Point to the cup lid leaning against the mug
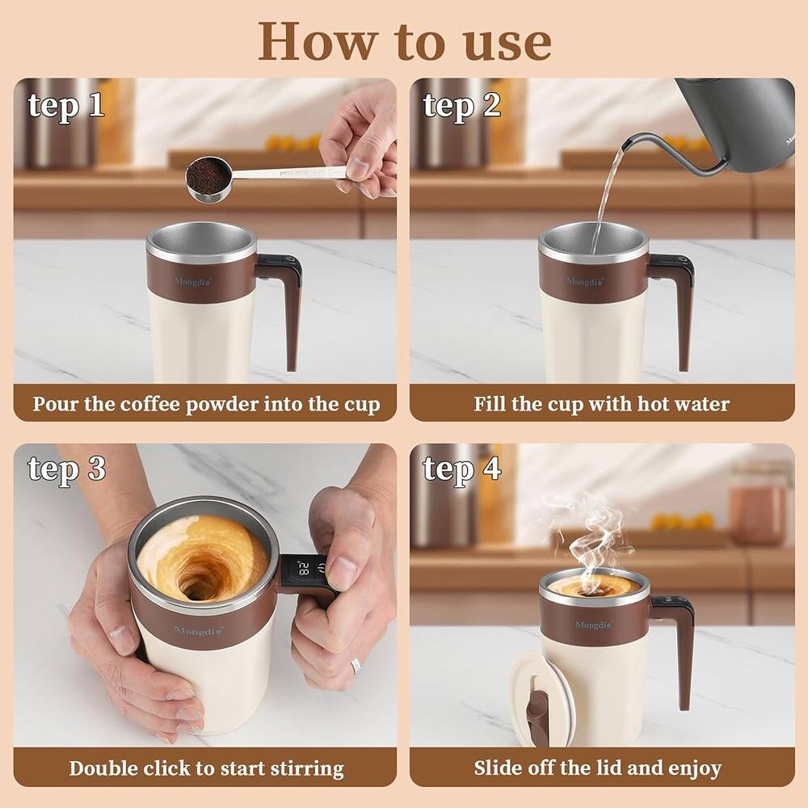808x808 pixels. [538, 700]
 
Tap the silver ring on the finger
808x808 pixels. [355, 666]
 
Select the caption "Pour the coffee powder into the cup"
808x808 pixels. [206, 403]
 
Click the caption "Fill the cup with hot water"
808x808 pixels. [602, 403]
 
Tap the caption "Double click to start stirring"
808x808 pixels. [206, 768]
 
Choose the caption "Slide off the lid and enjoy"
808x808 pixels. [598, 768]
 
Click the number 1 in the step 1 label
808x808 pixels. [96, 105]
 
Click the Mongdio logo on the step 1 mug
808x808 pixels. [193, 281]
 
